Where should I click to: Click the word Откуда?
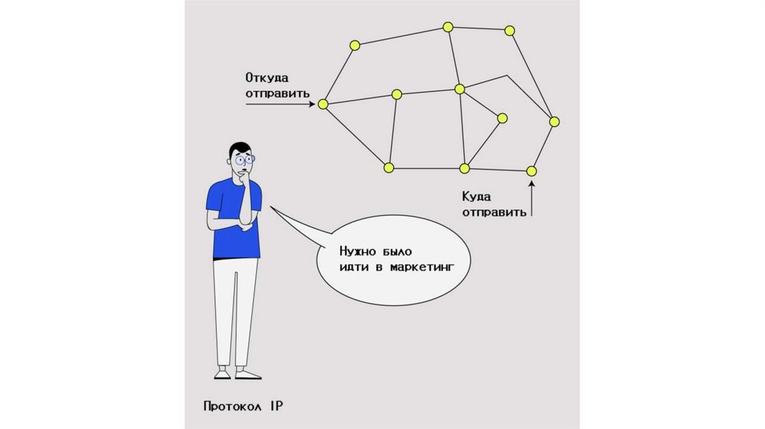pyautogui.click(x=267, y=77)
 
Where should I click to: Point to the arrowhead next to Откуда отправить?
pyautogui.click(x=311, y=105)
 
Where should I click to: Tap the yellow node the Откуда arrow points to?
pyautogui.click(x=323, y=105)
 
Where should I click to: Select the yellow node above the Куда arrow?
pyautogui.click(x=531, y=171)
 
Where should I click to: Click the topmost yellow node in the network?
pyautogui.click(x=447, y=27)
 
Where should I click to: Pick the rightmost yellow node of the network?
pyautogui.click(x=554, y=121)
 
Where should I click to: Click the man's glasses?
pyautogui.click(x=244, y=159)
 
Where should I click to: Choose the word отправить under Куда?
pyautogui.click(x=494, y=212)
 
